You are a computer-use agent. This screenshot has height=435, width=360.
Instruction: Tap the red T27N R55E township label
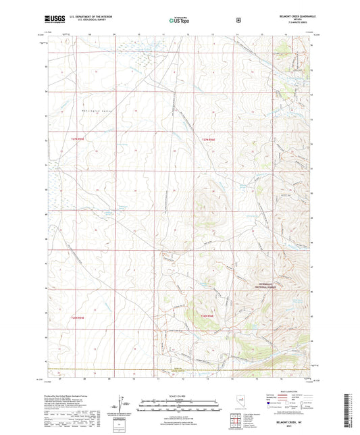coord(79,139)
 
